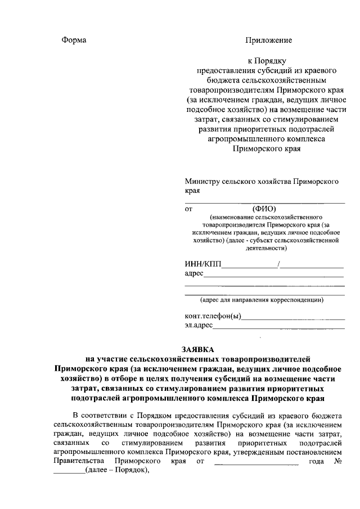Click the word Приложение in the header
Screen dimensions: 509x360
click(x=268, y=40)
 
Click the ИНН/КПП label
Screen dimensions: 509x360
click(x=204, y=264)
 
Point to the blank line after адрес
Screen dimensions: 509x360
click(x=273, y=275)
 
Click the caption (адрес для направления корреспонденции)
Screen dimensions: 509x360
click(x=265, y=299)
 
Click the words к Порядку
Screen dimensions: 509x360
click(x=268, y=60)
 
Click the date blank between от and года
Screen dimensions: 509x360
click(x=256, y=462)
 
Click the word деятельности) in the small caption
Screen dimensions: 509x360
click(x=265, y=247)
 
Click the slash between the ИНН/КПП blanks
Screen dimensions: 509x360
click(x=280, y=264)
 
